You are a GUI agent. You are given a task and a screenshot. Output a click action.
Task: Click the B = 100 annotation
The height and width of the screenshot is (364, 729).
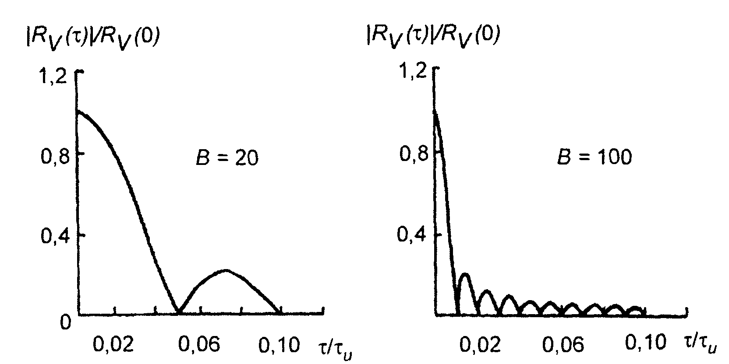[x=594, y=157]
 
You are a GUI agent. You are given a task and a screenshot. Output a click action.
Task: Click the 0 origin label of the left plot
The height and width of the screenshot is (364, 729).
[x=65, y=322]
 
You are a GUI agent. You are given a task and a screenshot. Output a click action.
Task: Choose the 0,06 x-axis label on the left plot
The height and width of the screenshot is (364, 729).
[x=198, y=345]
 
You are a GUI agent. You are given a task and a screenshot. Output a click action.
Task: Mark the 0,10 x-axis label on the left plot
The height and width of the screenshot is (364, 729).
[x=280, y=345]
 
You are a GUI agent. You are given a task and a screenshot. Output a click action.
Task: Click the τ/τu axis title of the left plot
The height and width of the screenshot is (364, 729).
[x=336, y=347]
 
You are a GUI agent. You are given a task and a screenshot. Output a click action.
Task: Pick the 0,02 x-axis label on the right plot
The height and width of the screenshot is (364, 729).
[x=480, y=345]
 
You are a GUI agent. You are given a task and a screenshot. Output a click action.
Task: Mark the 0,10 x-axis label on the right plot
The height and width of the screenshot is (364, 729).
[x=645, y=343]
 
